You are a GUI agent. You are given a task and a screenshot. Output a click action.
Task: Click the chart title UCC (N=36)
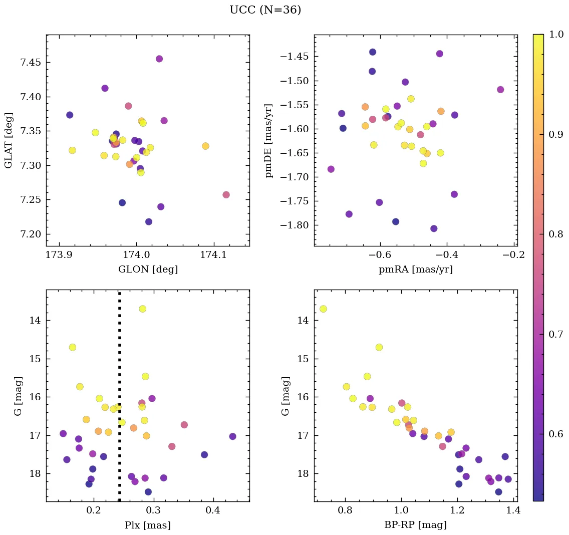265,10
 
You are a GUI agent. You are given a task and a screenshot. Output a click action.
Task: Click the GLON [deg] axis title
148,270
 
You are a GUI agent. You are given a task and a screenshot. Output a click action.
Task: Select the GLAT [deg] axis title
9,140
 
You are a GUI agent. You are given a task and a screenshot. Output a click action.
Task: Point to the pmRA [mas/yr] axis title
416,270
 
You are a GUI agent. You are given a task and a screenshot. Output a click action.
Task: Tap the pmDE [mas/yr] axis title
269,140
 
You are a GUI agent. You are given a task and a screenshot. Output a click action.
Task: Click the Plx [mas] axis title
148,525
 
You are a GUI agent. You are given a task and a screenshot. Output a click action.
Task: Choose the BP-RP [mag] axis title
416,525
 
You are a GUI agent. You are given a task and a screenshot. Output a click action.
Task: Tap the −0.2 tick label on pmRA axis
514,255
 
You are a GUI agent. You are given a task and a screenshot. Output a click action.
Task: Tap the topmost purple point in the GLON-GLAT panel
159,59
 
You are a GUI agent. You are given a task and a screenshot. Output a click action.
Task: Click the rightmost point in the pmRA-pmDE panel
500,90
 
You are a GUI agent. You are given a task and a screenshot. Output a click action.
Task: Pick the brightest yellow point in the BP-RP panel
323,309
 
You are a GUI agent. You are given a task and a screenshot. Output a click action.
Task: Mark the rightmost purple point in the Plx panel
232,436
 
